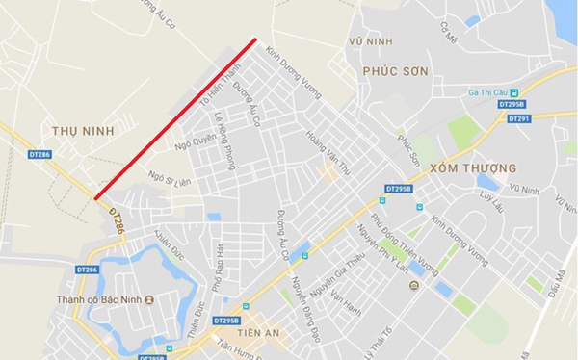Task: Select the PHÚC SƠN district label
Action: (393, 70)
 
